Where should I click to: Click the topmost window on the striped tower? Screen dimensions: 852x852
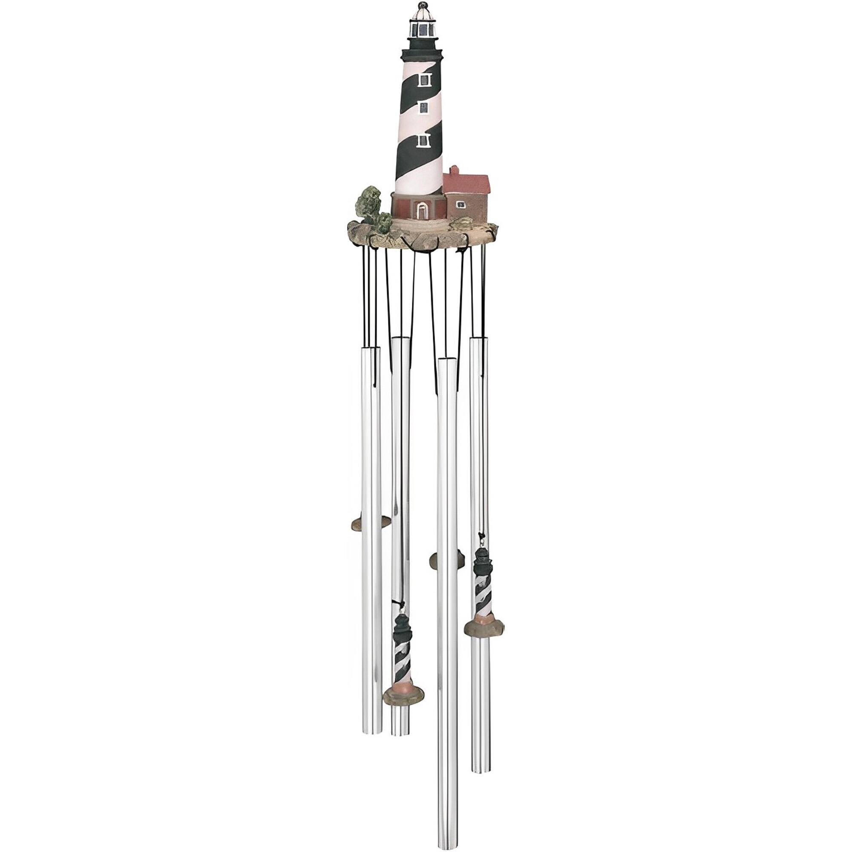(425, 80)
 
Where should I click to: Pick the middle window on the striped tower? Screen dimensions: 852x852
(424, 109)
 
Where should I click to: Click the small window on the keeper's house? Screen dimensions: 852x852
(461, 204)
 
